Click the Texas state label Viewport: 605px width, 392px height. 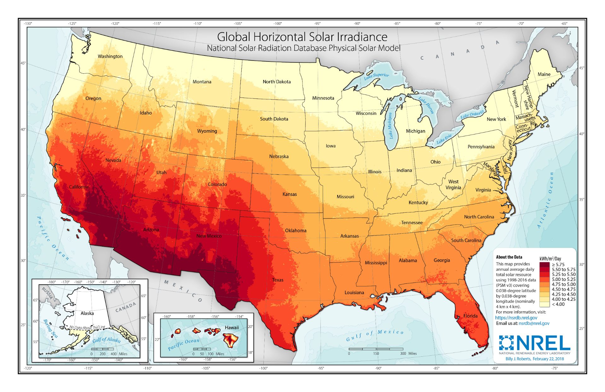(278, 280)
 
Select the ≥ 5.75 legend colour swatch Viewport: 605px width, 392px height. (545, 264)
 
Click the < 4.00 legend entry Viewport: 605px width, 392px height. (558, 304)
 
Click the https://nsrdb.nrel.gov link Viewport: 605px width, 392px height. (516, 318)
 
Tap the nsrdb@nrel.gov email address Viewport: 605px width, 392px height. (534, 323)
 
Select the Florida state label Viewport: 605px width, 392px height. (470, 316)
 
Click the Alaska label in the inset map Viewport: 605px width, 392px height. (87, 313)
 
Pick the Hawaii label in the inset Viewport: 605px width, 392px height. (232, 328)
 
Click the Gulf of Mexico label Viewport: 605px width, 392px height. (375, 336)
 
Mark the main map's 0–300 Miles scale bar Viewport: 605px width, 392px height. (376, 349)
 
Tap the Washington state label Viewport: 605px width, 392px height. (110, 56)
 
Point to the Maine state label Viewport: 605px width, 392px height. (544, 74)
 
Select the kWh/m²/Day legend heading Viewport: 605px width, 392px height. (550, 258)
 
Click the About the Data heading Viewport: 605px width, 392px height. (509, 257)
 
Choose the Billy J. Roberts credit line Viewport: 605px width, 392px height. (534, 359)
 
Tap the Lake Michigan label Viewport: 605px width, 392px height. (390, 126)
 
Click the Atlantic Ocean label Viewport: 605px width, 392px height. (545, 200)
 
